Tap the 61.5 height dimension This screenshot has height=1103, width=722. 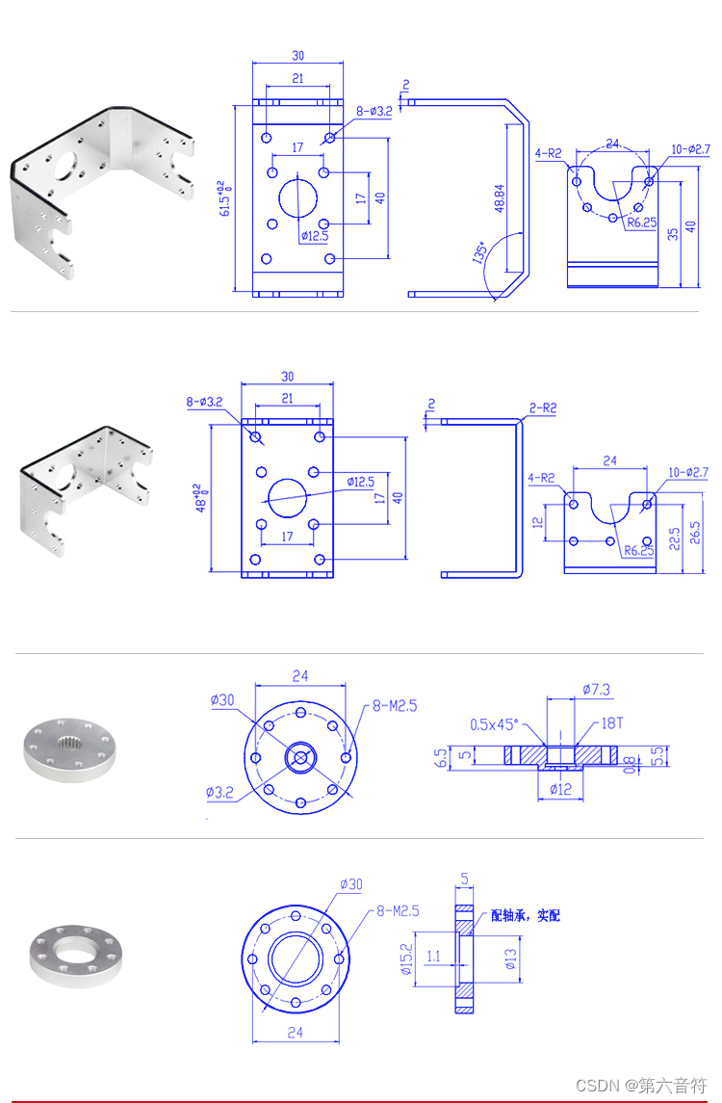click(x=224, y=197)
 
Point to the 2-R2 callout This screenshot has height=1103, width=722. click(x=542, y=408)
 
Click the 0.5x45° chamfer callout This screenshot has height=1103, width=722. click(x=494, y=723)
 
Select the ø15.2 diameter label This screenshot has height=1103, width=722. click(x=406, y=959)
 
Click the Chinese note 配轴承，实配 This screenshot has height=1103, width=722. click(x=525, y=915)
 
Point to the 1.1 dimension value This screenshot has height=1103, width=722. click(x=433, y=957)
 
